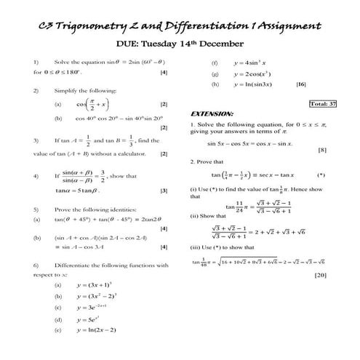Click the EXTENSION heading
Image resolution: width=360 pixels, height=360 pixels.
[x=212, y=115]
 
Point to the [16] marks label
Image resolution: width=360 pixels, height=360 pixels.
[x=301, y=84]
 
